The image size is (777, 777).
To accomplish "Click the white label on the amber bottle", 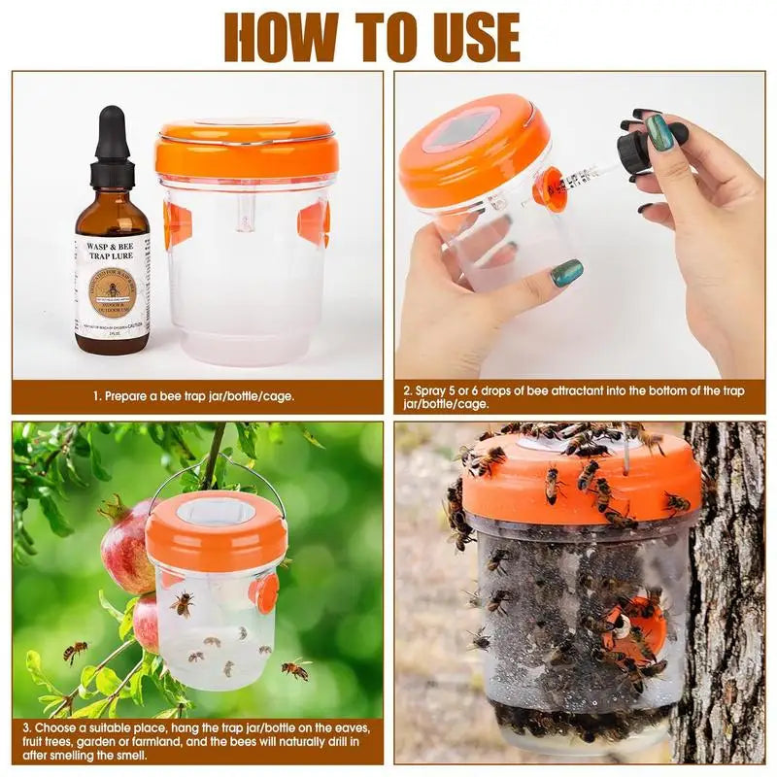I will (x=112, y=286).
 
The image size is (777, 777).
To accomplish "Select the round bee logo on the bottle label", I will (x=112, y=292).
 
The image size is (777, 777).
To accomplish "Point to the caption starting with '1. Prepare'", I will (x=194, y=396).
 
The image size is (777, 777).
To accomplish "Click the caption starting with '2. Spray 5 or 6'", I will (x=573, y=396).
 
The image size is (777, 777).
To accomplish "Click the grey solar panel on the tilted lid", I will (x=460, y=129).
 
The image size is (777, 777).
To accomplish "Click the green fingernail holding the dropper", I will (x=660, y=132).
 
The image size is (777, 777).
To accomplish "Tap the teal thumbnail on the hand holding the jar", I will (x=566, y=272).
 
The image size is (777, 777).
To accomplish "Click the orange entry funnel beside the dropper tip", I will (x=551, y=188).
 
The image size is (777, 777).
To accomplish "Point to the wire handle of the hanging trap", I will (x=216, y=476).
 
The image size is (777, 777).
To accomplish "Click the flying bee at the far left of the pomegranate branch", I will (x=75, y=651).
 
